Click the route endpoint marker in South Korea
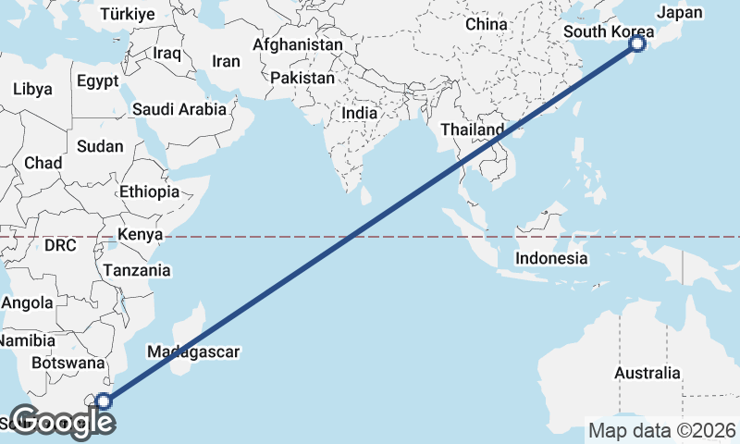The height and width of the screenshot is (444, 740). point(636,43)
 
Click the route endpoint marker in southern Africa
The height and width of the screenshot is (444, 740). point(104,401)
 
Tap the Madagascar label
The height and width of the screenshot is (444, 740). point(193,351)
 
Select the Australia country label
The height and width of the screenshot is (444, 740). point(647,373)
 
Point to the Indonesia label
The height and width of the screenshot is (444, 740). point(551,258)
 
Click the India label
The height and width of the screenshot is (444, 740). point(359,113)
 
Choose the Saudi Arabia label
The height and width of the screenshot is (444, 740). point(179,109)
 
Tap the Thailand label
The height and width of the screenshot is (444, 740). point(472,129)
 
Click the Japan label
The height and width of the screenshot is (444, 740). point(681,13)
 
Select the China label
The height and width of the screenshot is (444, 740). point(487,24)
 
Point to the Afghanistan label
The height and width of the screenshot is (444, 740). point(297,44)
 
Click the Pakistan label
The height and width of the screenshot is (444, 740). point(302,79)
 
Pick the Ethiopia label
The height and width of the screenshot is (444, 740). point(149,192)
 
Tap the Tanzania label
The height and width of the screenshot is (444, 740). point(137,270)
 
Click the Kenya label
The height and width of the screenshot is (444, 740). point(140,234)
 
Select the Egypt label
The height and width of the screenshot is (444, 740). point(97,81)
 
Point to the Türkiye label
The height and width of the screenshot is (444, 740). point(127,14)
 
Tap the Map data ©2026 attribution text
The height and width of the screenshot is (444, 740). point(661,430)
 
